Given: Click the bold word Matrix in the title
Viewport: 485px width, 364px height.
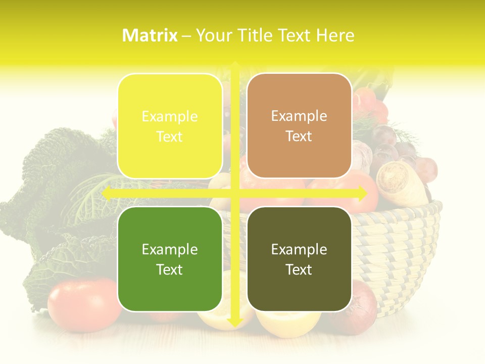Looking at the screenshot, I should (x=150, y=35).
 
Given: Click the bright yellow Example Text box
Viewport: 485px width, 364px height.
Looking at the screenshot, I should (x=170, y=126).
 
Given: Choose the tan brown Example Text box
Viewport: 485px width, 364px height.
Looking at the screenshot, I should (x=299, y=126).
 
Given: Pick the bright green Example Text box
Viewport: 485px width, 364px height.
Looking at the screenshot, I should (x=170, y=259).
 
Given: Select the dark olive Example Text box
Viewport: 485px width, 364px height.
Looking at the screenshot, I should (x=299, y=259).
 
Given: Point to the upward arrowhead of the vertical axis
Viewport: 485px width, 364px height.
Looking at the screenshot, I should (x=235, y=66).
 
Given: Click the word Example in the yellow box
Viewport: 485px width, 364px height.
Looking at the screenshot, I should (x=170, y=117).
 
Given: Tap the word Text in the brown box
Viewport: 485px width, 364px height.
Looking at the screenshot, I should (x=299, y=136).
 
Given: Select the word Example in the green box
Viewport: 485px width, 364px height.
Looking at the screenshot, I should (x=170, y=250).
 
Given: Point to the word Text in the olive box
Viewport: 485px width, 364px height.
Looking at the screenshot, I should (x=299, y=269).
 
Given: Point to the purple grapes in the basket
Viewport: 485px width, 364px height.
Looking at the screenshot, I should (x=399, y=147).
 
